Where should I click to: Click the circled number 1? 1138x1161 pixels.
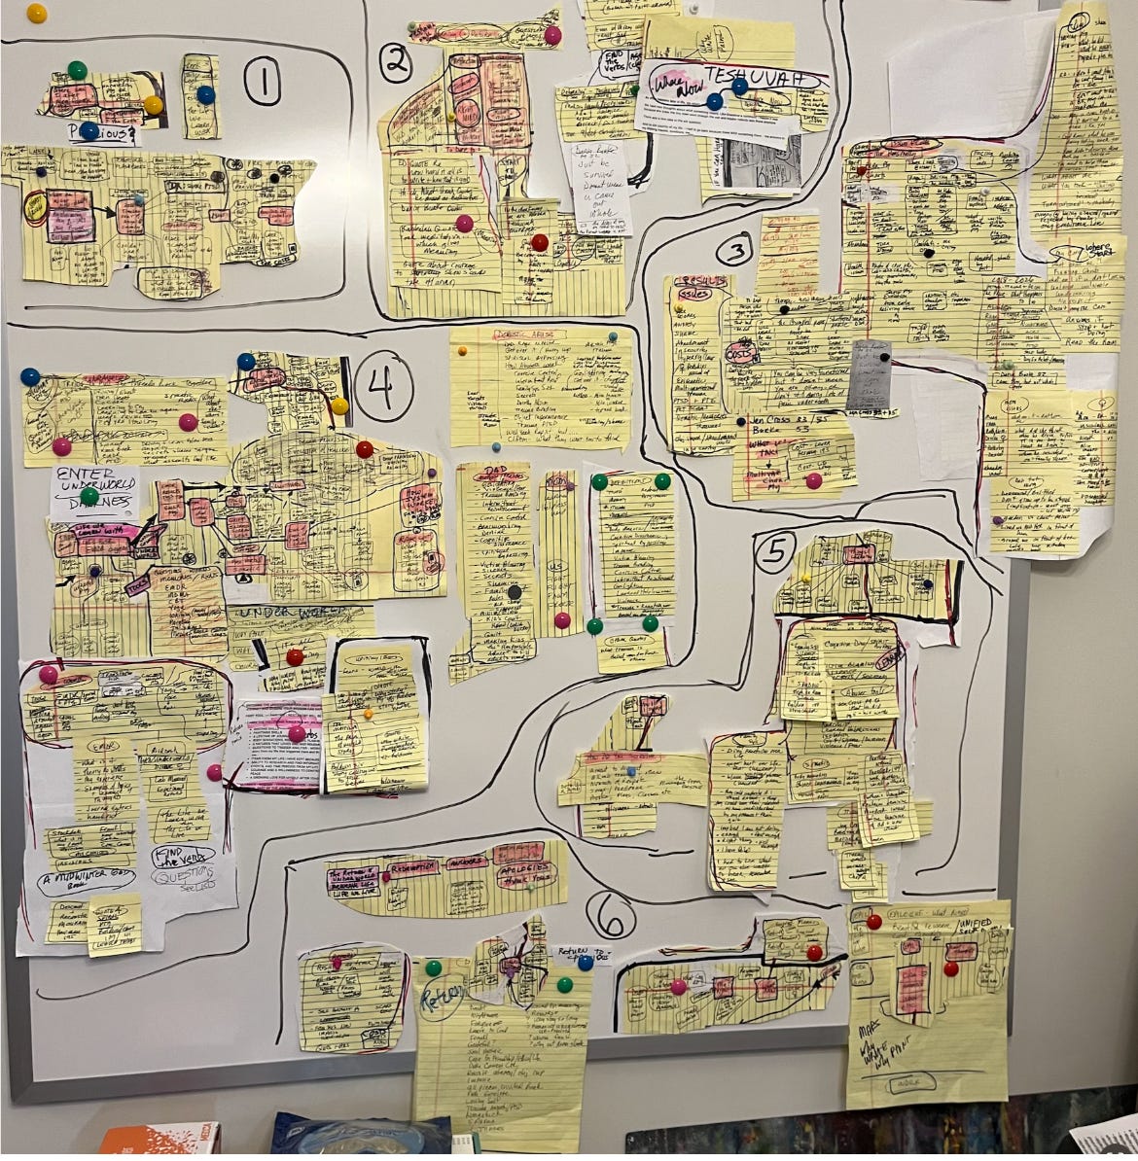tap(262, 81)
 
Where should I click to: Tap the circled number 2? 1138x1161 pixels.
tap(396, 62)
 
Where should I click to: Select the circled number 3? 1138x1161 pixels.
tap(734, 252)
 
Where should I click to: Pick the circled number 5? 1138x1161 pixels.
tap(775, 551)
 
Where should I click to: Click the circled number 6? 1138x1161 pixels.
tap(610, 915)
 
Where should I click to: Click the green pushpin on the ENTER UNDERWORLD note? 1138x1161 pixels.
tap(89, 496)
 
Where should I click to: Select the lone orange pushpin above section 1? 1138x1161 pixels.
tap(36, 13)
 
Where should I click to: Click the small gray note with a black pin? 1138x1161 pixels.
tap(868, 375)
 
